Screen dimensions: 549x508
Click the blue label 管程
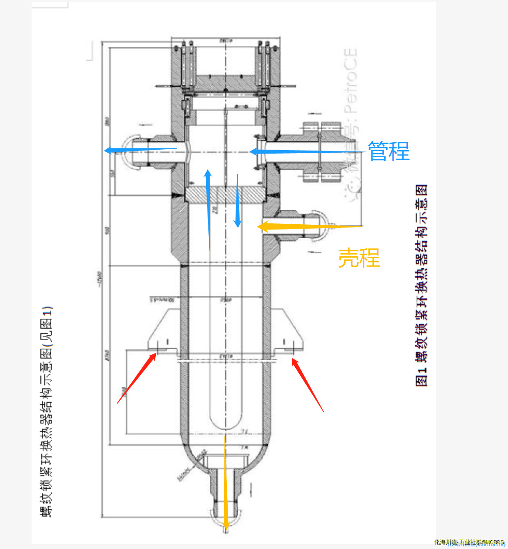click(x=389, y=151)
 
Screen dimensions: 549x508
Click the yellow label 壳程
click(x=359, y=258)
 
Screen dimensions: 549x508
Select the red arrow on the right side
click(x=308, y=385)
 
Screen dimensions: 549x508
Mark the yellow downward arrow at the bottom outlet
click(x=225, y=483)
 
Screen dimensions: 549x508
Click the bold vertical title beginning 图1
click(x=422, y=285)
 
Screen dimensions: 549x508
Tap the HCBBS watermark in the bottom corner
click(x=469, y=542)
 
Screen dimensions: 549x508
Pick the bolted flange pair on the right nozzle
click(x=322, y=152)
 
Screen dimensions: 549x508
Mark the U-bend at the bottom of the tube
click(x=225, y=421)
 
